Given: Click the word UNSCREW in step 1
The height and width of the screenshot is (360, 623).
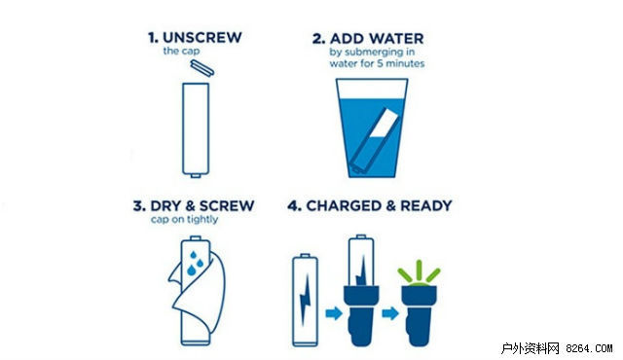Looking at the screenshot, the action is [202, 37].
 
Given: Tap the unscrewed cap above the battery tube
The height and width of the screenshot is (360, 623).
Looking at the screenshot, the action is [202, 67].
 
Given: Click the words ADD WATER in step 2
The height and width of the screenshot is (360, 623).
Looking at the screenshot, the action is [377, 39].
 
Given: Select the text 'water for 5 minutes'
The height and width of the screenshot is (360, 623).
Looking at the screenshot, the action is [377, 63].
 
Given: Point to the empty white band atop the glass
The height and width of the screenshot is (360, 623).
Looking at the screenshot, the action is [372, 89].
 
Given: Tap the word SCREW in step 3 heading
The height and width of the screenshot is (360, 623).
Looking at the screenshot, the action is [227, 205].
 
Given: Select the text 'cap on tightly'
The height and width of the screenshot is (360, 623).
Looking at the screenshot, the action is [184, 219].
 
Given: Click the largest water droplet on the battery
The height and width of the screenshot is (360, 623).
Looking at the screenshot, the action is [192, 270].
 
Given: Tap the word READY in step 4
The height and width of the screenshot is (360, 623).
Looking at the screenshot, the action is [426, 205].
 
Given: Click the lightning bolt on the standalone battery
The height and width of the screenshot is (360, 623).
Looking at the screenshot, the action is [305, 299].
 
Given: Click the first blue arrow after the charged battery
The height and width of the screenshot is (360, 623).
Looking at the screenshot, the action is [334, 313].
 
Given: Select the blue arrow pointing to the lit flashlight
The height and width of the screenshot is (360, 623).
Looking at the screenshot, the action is [390, 313].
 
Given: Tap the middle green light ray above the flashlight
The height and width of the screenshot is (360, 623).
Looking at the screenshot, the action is [419, 270].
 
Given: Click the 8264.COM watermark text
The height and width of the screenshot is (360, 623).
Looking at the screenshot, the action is [589, 348].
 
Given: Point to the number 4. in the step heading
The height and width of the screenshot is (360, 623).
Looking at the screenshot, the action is [294, 205].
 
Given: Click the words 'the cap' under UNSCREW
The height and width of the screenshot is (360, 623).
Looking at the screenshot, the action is [181, 51].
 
